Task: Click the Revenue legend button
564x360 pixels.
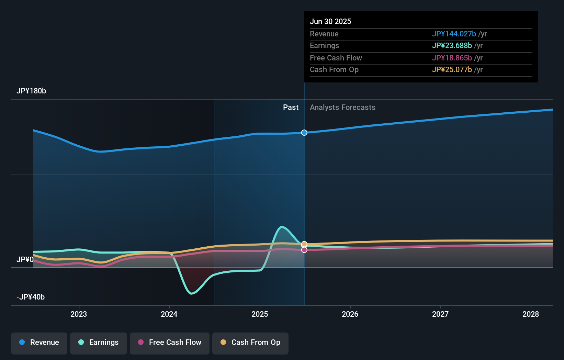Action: (x=39, y=342)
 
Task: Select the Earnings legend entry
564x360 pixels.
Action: (x=99, y=342)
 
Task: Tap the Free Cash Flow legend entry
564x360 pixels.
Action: (x=170, y=342)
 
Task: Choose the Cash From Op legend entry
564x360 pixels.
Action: (x=250, y=342)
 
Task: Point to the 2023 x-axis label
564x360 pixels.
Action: (x=79, y=314)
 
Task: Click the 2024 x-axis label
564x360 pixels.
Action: (x=169, y=314)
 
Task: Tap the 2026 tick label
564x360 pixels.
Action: (x=350, y=314)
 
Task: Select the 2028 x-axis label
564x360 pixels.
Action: (x=531, y=314)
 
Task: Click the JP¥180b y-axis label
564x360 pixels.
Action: (x=31, y=91)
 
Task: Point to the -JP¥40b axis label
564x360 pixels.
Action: (x=31, y=297)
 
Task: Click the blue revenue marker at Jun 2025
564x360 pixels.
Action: (x=304, y=133)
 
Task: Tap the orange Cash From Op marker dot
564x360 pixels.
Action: (x=304, y=244)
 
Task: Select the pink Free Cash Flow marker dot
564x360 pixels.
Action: (x=304, y=250)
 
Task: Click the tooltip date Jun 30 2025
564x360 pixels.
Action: (x=330, y=21)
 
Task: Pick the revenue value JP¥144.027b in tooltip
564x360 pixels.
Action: (x=454, y=34)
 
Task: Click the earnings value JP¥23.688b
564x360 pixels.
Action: (x=452, y=46)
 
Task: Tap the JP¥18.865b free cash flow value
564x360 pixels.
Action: (x=452, y=58)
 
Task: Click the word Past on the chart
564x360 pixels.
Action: (x=291, y=107)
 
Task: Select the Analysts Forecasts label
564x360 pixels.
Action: (x=342, y=107)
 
